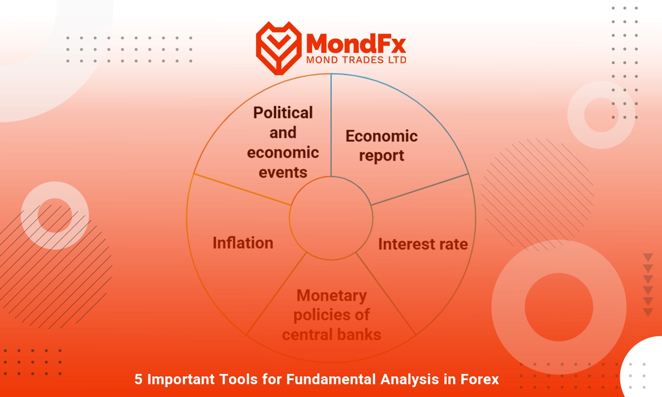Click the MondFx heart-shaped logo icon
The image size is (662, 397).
279,48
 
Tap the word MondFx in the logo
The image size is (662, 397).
356,43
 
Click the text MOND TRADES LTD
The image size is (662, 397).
356,60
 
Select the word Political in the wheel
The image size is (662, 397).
283,113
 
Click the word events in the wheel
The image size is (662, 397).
283,172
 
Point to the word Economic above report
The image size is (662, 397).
381,136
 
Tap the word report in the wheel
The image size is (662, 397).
381,156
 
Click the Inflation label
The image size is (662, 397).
243,243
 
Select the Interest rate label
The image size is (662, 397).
423,244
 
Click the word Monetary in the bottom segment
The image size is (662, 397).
332,296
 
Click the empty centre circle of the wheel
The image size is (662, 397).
331,218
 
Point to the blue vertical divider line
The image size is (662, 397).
331,125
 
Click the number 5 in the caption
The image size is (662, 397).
138,379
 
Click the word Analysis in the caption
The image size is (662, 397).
409,380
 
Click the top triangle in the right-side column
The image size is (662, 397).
648,257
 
